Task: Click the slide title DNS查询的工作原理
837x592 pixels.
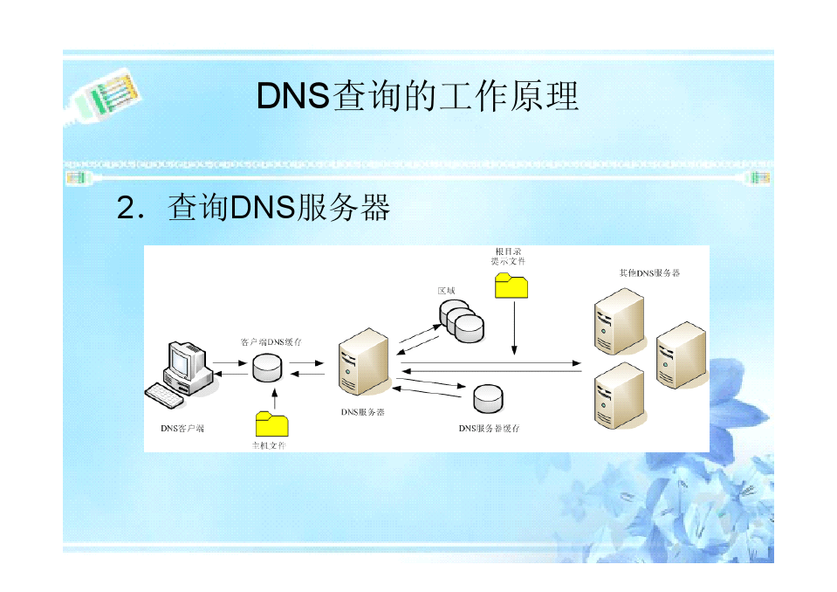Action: [x=417, y=96]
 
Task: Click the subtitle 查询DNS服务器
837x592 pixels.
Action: [x=278, y=208]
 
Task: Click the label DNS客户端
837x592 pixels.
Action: [x=182, y=429]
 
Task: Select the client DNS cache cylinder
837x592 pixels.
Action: [x=267, y=367]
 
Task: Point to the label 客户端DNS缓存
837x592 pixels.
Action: [x=271, y=342]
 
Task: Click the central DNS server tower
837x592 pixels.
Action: [x=364, y=362]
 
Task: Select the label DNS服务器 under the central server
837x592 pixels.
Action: [x=363, y=412]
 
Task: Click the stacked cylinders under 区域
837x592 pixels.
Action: [x=461, y=320]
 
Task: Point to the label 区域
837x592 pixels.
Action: [x=446, y=290]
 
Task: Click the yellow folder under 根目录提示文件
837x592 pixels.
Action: [x=511, y=286]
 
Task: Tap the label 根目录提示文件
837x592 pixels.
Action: [x=508, y=256]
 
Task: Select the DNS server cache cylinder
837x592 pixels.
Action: [x=488, y=398]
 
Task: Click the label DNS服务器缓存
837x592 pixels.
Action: [x=490, y=429]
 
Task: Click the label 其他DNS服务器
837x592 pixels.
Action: [x=649, y=272]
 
